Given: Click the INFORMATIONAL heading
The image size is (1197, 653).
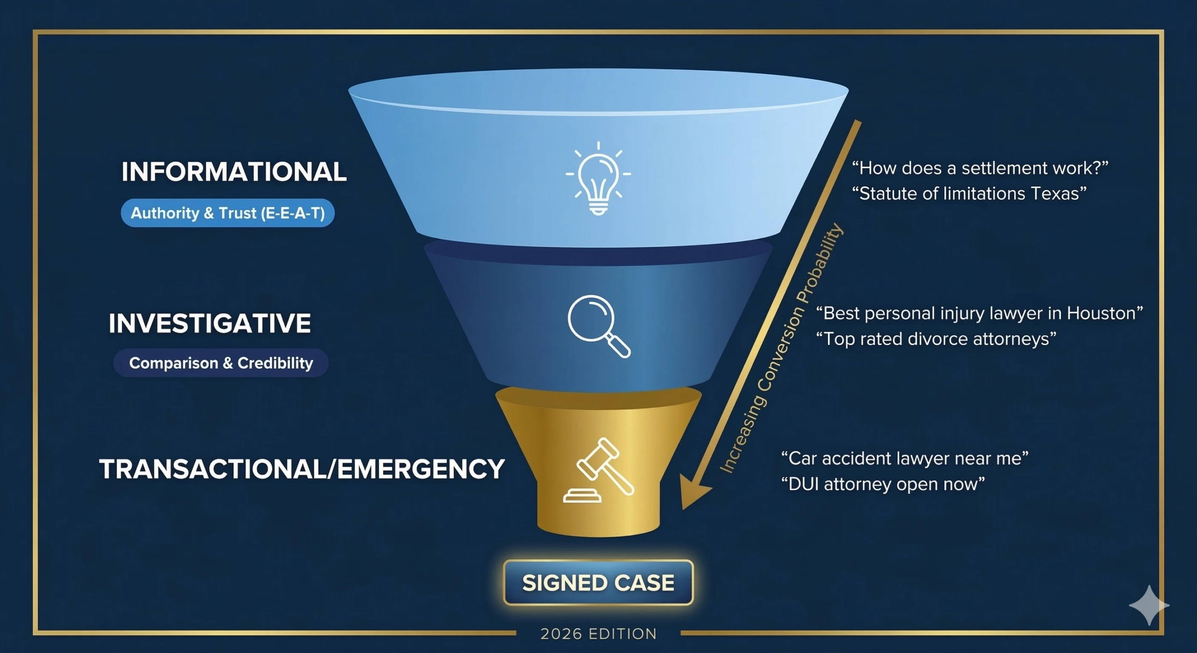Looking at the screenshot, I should [x=234, y=172].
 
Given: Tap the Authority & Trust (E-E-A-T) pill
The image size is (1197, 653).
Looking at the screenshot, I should [x=228, y=213].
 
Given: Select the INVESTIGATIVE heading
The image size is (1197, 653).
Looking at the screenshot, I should [x=210, y=323].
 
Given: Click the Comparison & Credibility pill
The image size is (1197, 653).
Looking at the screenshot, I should [x=221, y=363].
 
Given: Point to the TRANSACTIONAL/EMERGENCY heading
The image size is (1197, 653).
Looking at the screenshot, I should [x=302, y=469].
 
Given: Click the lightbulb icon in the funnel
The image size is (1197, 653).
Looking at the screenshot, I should [x=598, y=179].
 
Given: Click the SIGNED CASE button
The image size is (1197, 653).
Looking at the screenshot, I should [x=598, y=583].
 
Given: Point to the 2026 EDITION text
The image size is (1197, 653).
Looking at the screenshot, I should [x=598, y=634].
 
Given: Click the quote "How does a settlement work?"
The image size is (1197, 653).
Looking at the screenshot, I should [x=980, y=168].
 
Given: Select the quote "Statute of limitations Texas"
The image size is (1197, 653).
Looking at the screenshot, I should [x=969, y=194].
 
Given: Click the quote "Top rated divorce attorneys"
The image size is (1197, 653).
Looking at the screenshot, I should [x=936, y=339].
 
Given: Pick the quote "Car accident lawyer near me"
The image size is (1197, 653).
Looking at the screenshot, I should [x=905, y=458].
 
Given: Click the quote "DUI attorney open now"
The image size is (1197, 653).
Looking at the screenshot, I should [x=883, y=484].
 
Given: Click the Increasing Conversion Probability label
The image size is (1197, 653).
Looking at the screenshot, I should [x=781, y=348].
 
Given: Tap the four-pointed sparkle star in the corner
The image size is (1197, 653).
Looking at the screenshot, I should [x=1149, y=605].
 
